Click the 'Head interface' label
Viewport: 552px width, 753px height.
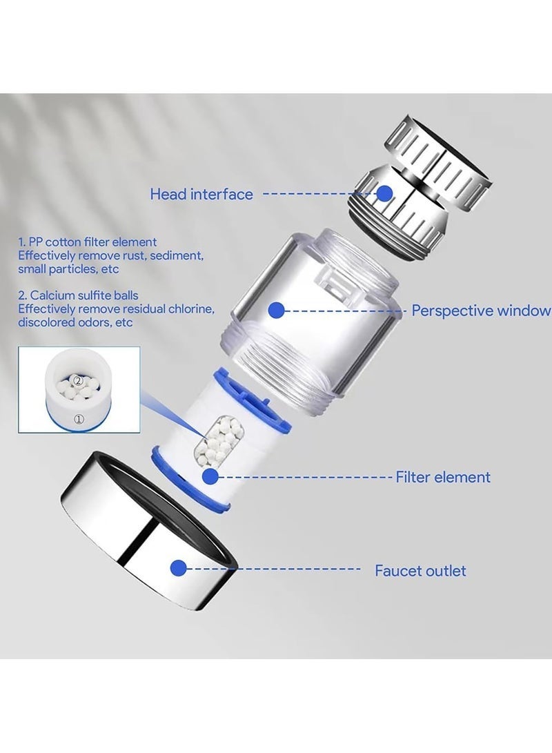click(x=201, y=195)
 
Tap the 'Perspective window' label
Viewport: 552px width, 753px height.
click(x=481, y=311)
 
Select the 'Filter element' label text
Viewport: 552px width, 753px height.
click(x=442, y=477)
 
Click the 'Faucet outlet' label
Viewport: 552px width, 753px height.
click(x=420, y=571)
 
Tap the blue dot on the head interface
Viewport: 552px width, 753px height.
click(x=384, y=193)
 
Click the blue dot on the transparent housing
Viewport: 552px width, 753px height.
click(x=276, y=311)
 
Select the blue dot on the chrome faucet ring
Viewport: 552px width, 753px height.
click(x=179, y=568)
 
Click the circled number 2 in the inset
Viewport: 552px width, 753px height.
click(x=78, y=380)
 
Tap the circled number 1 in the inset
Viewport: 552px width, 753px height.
click(x=79, y=418)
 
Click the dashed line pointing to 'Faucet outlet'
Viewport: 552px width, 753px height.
click(x=276, y=569)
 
